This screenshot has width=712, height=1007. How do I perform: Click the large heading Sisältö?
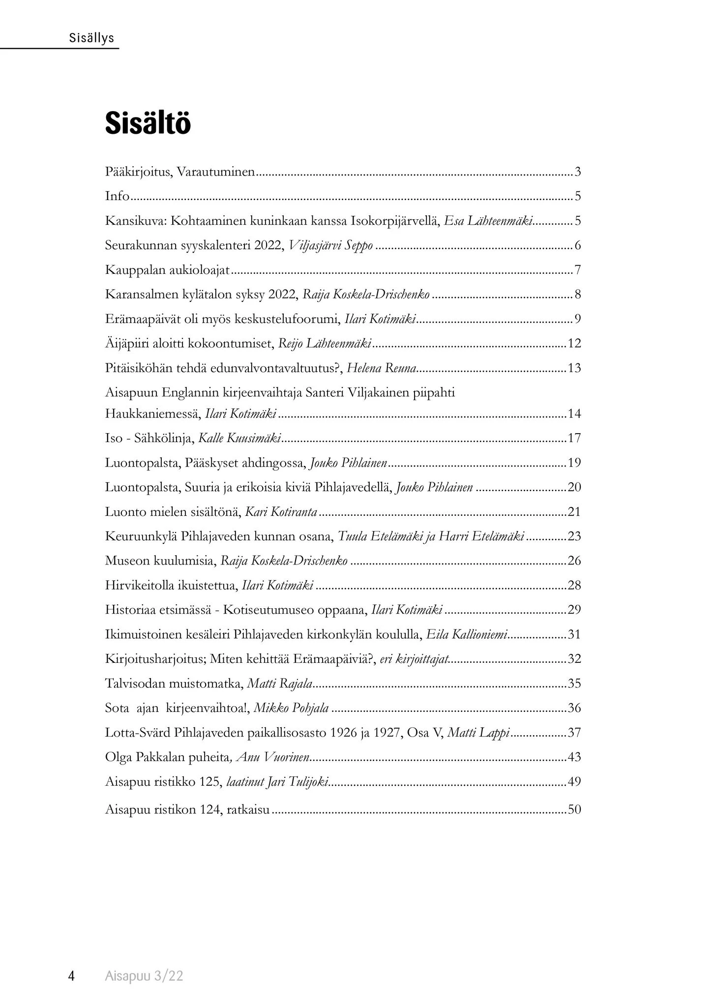click(x=148, y=123)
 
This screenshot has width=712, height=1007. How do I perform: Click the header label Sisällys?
click(x=92, y=38)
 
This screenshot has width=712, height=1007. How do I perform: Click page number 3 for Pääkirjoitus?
click(x=578, y=172)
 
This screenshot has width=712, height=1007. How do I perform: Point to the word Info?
click(x=117, y=196)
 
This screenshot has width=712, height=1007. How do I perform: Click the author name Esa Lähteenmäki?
click(x=488, y=221)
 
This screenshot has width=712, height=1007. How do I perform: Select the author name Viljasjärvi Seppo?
click(x=331, y=245)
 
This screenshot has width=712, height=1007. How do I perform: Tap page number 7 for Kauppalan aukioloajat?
click(x=578, y=270)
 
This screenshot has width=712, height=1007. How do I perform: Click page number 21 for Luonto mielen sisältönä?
click(x=574, y=512)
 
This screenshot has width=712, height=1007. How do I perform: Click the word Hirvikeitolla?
click(x=143, y=585)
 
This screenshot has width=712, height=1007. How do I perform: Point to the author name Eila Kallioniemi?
click(x=467, y=634)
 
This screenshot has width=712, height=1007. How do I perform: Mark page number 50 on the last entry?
click(x=574, y=809)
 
